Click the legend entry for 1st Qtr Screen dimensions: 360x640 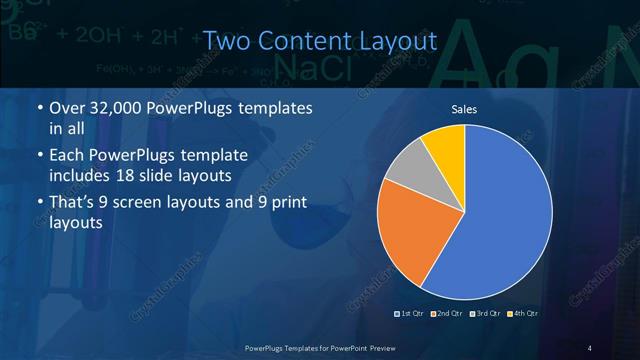pyautogui.click(x=410, y=314)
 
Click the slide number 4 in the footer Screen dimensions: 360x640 pyautogui.click(x=590, y=347)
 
